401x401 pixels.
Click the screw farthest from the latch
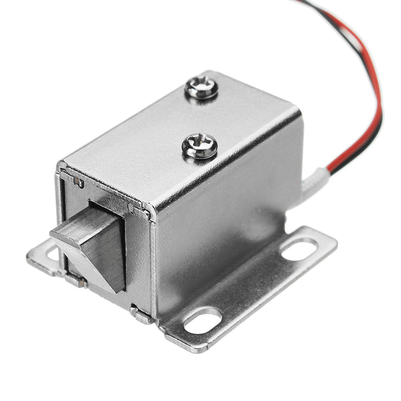pyautogui.click(x=202, y=88)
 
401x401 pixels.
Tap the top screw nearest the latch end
pyautogui.click(x=199, y=146)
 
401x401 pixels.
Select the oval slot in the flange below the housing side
pyautogui.click(x=202, y=321)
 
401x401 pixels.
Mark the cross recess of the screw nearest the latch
pyautogui.click(x=199, y=145)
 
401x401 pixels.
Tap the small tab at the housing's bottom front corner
pyautogui.click(x=138, y=313)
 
